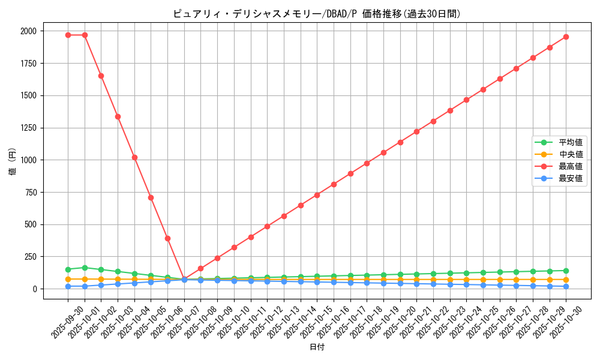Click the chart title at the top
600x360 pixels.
pyautogui.click(x=317, y=14)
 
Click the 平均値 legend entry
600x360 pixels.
pyautogui.click(x=571, y=142)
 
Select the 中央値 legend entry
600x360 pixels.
pyautogui.click(x=571, y=154)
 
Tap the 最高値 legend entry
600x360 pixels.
pyautogui.click(x=571, y=166)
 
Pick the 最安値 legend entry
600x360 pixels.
pyautogui.click(x=571, y=178)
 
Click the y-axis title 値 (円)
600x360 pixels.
pyautogui.click(x=13, y=162)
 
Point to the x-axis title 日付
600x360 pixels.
pyautogui.click(x=317, y=347)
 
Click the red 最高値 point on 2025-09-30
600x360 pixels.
pyautogui.click(x=68, y=35)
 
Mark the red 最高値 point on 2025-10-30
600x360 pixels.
pyautogui.click(x=566, y=37)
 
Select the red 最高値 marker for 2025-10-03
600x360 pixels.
pyautogui.click(x=118, y=116)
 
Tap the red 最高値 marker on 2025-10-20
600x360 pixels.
pyautogui.click(x=400, y=142)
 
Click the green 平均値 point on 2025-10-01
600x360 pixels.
pyautogui.click(x=85, y=268)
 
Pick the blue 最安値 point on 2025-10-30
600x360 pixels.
pyautogui.click(x=566, y=286)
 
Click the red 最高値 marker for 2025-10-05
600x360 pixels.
pyautogui.click(x=151, y=197)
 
